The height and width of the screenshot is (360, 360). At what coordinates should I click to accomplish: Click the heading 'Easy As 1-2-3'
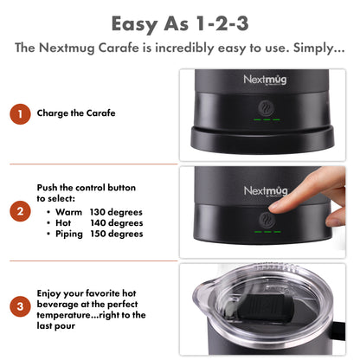(x=180, y=21)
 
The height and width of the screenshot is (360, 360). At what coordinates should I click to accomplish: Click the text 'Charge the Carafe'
(x=76, y=113)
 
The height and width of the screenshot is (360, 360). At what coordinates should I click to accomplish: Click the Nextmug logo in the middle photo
(x=265, y=190)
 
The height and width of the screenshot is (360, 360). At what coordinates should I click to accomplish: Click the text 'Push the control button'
(x=86, y=187)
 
